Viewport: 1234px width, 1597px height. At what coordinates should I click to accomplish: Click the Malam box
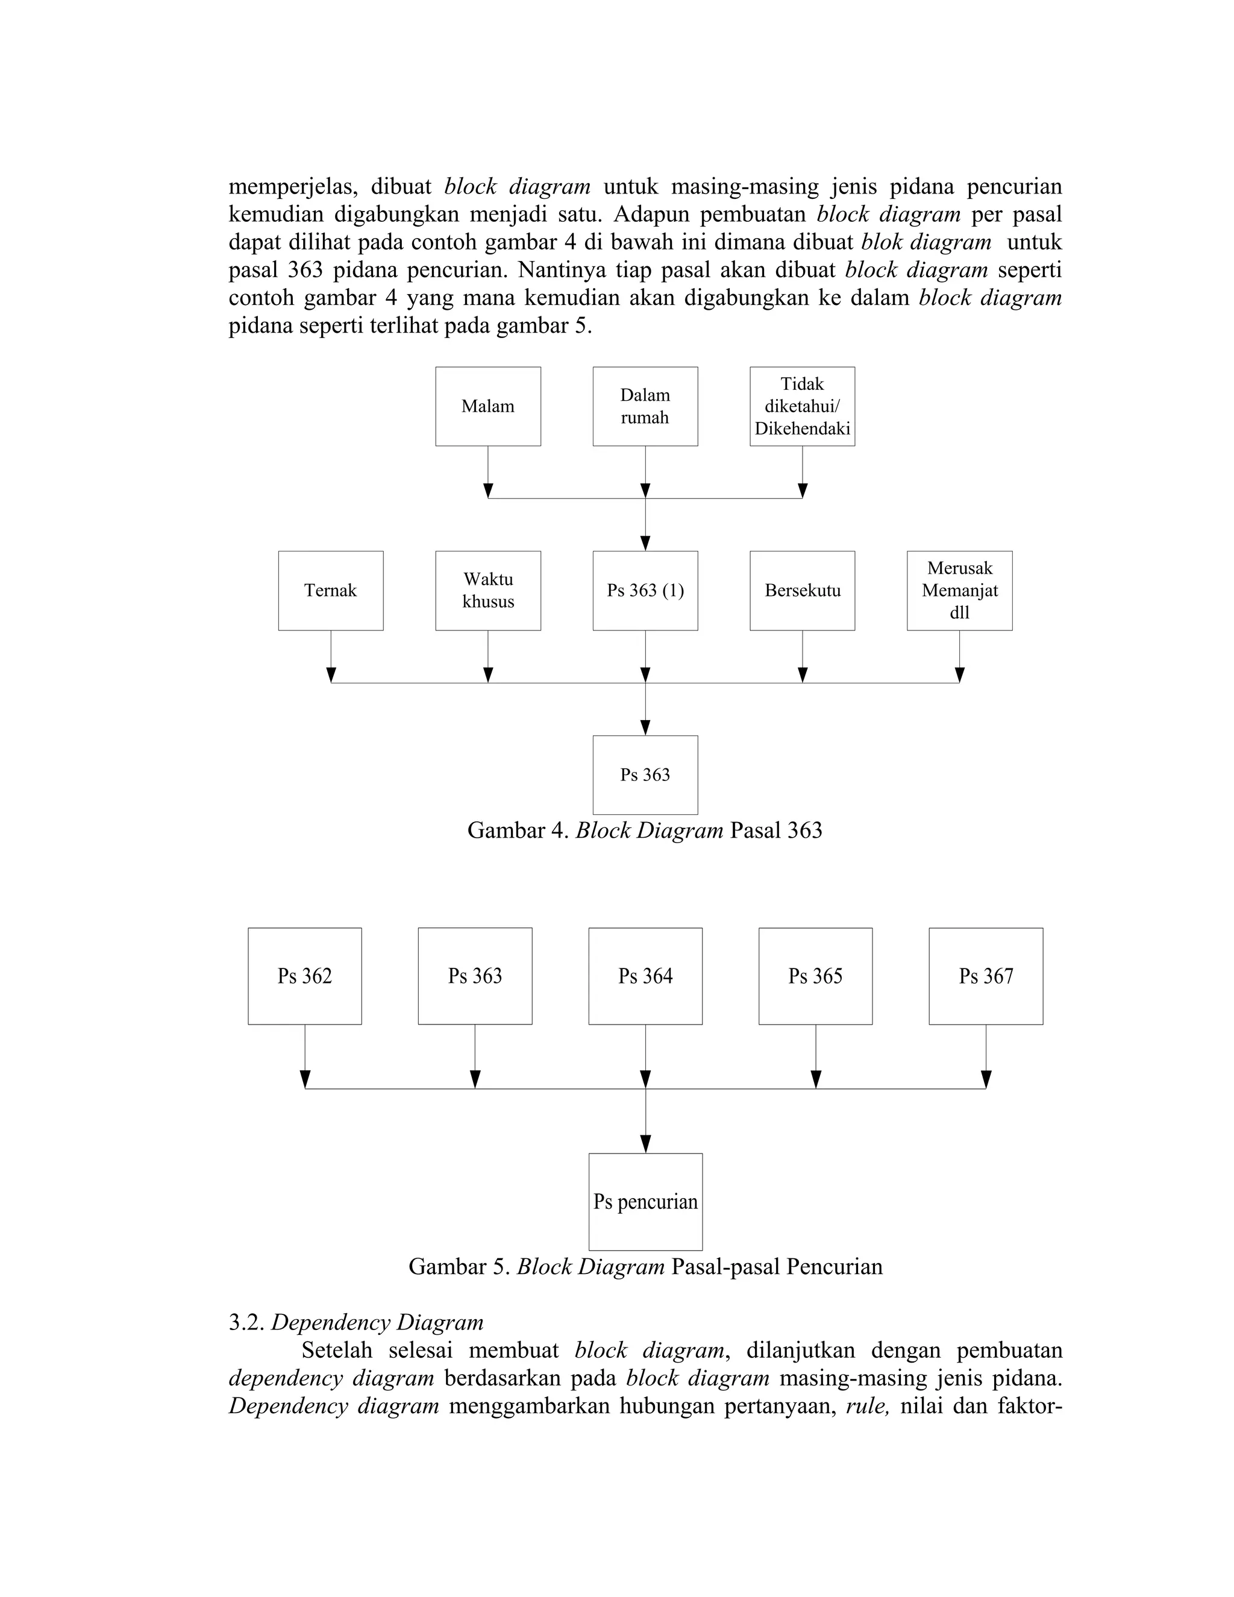pyautogui.click(x=487, y=407)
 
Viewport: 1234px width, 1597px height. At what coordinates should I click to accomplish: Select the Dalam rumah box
pyautogui.click(x=645, y=407)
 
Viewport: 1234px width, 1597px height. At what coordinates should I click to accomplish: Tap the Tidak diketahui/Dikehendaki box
pyautogui.click(x=802, y=407)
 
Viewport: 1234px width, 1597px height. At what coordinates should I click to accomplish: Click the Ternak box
pyautogui.click(x=330, y=591)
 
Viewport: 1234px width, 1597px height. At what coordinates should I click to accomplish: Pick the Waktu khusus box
pyautogui.click(x=487, y=591)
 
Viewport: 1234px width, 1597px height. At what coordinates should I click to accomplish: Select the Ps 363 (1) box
pyautogui.click(x=645, y=591)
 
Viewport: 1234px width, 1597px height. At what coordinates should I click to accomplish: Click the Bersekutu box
pyautogui.click(x=802, y=591)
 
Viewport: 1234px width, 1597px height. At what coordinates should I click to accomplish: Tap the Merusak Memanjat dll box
pyautogui.click(x=959, y=591)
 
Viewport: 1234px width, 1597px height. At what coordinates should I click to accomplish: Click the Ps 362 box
pyautogui.click(x=305, y=976)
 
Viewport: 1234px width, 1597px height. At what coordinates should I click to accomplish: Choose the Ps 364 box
pyautogui.click(x=645, y=976)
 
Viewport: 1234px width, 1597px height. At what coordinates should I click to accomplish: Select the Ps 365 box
pyautogui.click(x=815, y=976)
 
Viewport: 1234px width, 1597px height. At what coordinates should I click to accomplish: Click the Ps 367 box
pyautogui.click(x=985, y=976)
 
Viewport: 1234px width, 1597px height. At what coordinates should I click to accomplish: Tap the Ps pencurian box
pyautogui.click(x=645, y=1202)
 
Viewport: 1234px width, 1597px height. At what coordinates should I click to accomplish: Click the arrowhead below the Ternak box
pyautogui.click(x=331, y=675)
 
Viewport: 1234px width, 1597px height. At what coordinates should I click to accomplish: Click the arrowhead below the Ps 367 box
pyautogui.click(x=985, y=1079)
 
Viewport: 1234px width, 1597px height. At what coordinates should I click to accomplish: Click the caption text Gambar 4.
pyautogui.click(x=518, y=830)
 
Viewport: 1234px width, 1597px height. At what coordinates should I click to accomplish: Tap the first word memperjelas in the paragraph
pyautogui.click(x=292, y=188)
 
